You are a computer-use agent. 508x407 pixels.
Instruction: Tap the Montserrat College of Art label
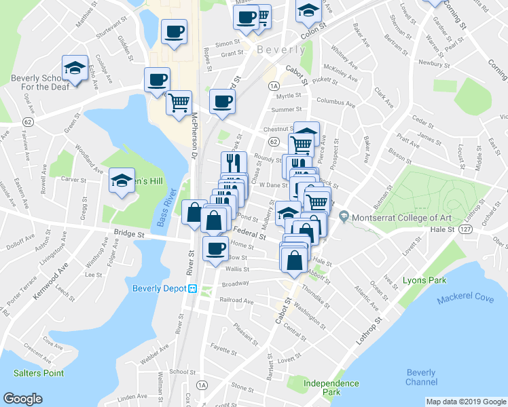coord(395,218)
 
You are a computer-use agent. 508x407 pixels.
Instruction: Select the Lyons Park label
coord(423,279)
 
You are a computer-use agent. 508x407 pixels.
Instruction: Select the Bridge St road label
coord(130,234)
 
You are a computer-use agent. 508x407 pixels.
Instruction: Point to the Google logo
coord(23,398)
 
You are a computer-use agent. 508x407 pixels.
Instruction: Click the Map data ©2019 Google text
coord(465,402)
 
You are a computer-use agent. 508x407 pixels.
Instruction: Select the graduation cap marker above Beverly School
coord(74,68)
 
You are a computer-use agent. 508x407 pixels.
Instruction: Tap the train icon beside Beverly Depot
coord(193,288)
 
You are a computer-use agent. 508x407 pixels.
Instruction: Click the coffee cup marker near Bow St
coord(216,247)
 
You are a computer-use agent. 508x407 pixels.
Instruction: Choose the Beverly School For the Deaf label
coord(37,83)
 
